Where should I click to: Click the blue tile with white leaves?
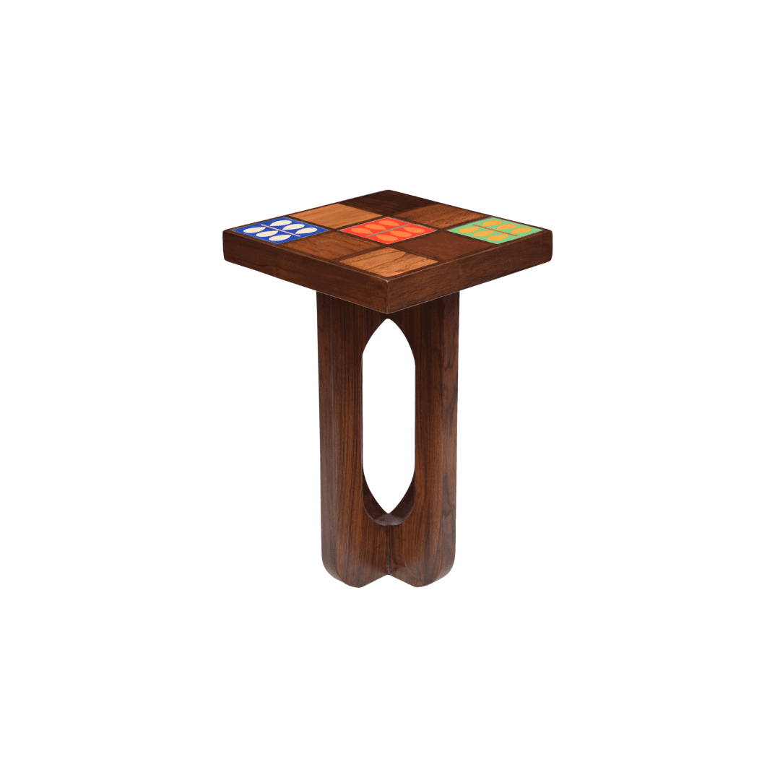(279, 230)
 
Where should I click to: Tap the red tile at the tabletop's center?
(389, 230)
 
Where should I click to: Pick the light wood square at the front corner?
(389, 262)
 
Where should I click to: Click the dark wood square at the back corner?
(389, 201)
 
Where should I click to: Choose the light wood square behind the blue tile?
(334, 214)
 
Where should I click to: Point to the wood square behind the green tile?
(443, 214)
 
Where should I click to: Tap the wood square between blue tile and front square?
(334, 246)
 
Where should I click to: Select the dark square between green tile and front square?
(442, 246)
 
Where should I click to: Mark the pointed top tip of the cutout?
(389, 320)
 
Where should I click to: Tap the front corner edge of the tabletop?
(389, 296)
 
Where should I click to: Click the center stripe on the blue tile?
(279, 230)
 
